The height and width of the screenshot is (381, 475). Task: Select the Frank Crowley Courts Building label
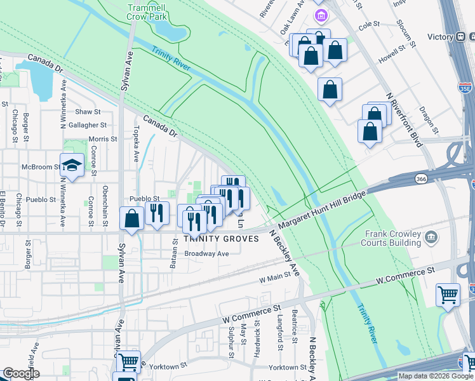(392, 238)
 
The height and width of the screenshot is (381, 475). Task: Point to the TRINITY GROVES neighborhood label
(220, 239)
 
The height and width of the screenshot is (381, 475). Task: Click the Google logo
(20, 373)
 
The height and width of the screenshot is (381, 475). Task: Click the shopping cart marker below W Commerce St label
(448, 294)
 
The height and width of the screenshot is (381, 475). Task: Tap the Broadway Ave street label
(206, 253)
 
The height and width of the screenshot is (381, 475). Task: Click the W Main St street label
(274, 278)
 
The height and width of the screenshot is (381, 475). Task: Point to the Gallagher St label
(88, 125)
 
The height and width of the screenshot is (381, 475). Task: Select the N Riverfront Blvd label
(404, 119)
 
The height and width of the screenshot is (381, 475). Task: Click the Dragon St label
(430, 119)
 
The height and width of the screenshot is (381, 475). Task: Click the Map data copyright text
(429, 376)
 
